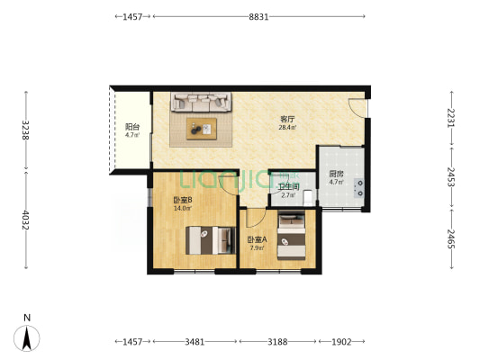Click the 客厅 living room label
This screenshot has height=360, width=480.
(x=287, y=119)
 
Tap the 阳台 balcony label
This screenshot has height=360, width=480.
(x=132, y=127)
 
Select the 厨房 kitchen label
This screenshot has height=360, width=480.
(x=336, y=174)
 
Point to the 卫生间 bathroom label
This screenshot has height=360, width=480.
(x=289, y=186)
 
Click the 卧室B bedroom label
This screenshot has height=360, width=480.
(x=183, y=200)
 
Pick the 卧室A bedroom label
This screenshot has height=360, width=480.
(x=258, y=239)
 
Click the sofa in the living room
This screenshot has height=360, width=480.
(x=201, y=102)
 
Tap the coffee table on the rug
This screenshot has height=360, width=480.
(x=202, y=129)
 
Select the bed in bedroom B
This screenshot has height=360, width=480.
(x=211, y=240)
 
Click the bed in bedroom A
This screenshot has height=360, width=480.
(x=292, y=235)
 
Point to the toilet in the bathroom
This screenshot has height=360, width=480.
(x=308, y=198)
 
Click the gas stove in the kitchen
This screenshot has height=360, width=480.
(x=359, y=188)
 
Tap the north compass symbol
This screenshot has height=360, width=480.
(x=27, y=337)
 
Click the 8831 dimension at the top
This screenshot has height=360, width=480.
(x=258, y=17)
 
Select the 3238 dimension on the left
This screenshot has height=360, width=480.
(x=26, y=130)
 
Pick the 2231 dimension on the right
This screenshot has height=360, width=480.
(x=451, y=118)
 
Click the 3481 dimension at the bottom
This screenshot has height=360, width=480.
(x=195, y=342)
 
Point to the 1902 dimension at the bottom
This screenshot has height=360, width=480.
(x=341, y=342)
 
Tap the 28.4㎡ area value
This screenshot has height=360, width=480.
(x=287, y=128)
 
